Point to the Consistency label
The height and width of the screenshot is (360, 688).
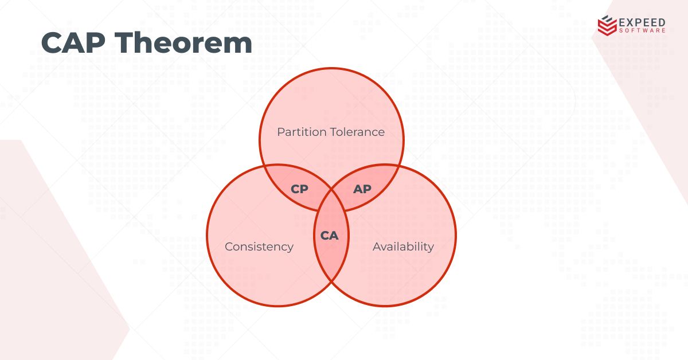259,246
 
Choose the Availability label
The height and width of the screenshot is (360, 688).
403,246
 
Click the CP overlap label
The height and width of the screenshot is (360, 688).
299,189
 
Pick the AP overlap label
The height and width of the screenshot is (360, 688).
362,189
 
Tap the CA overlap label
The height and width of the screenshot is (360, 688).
330,235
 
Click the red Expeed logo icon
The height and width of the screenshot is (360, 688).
607,25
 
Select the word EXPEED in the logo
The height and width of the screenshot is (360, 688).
642,22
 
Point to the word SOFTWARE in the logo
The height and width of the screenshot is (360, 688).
642,30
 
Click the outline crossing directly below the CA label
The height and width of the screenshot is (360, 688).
331,283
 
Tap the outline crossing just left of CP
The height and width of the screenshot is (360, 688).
264,166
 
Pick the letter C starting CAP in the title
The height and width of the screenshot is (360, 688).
52,43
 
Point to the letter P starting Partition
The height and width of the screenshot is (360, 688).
280,132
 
